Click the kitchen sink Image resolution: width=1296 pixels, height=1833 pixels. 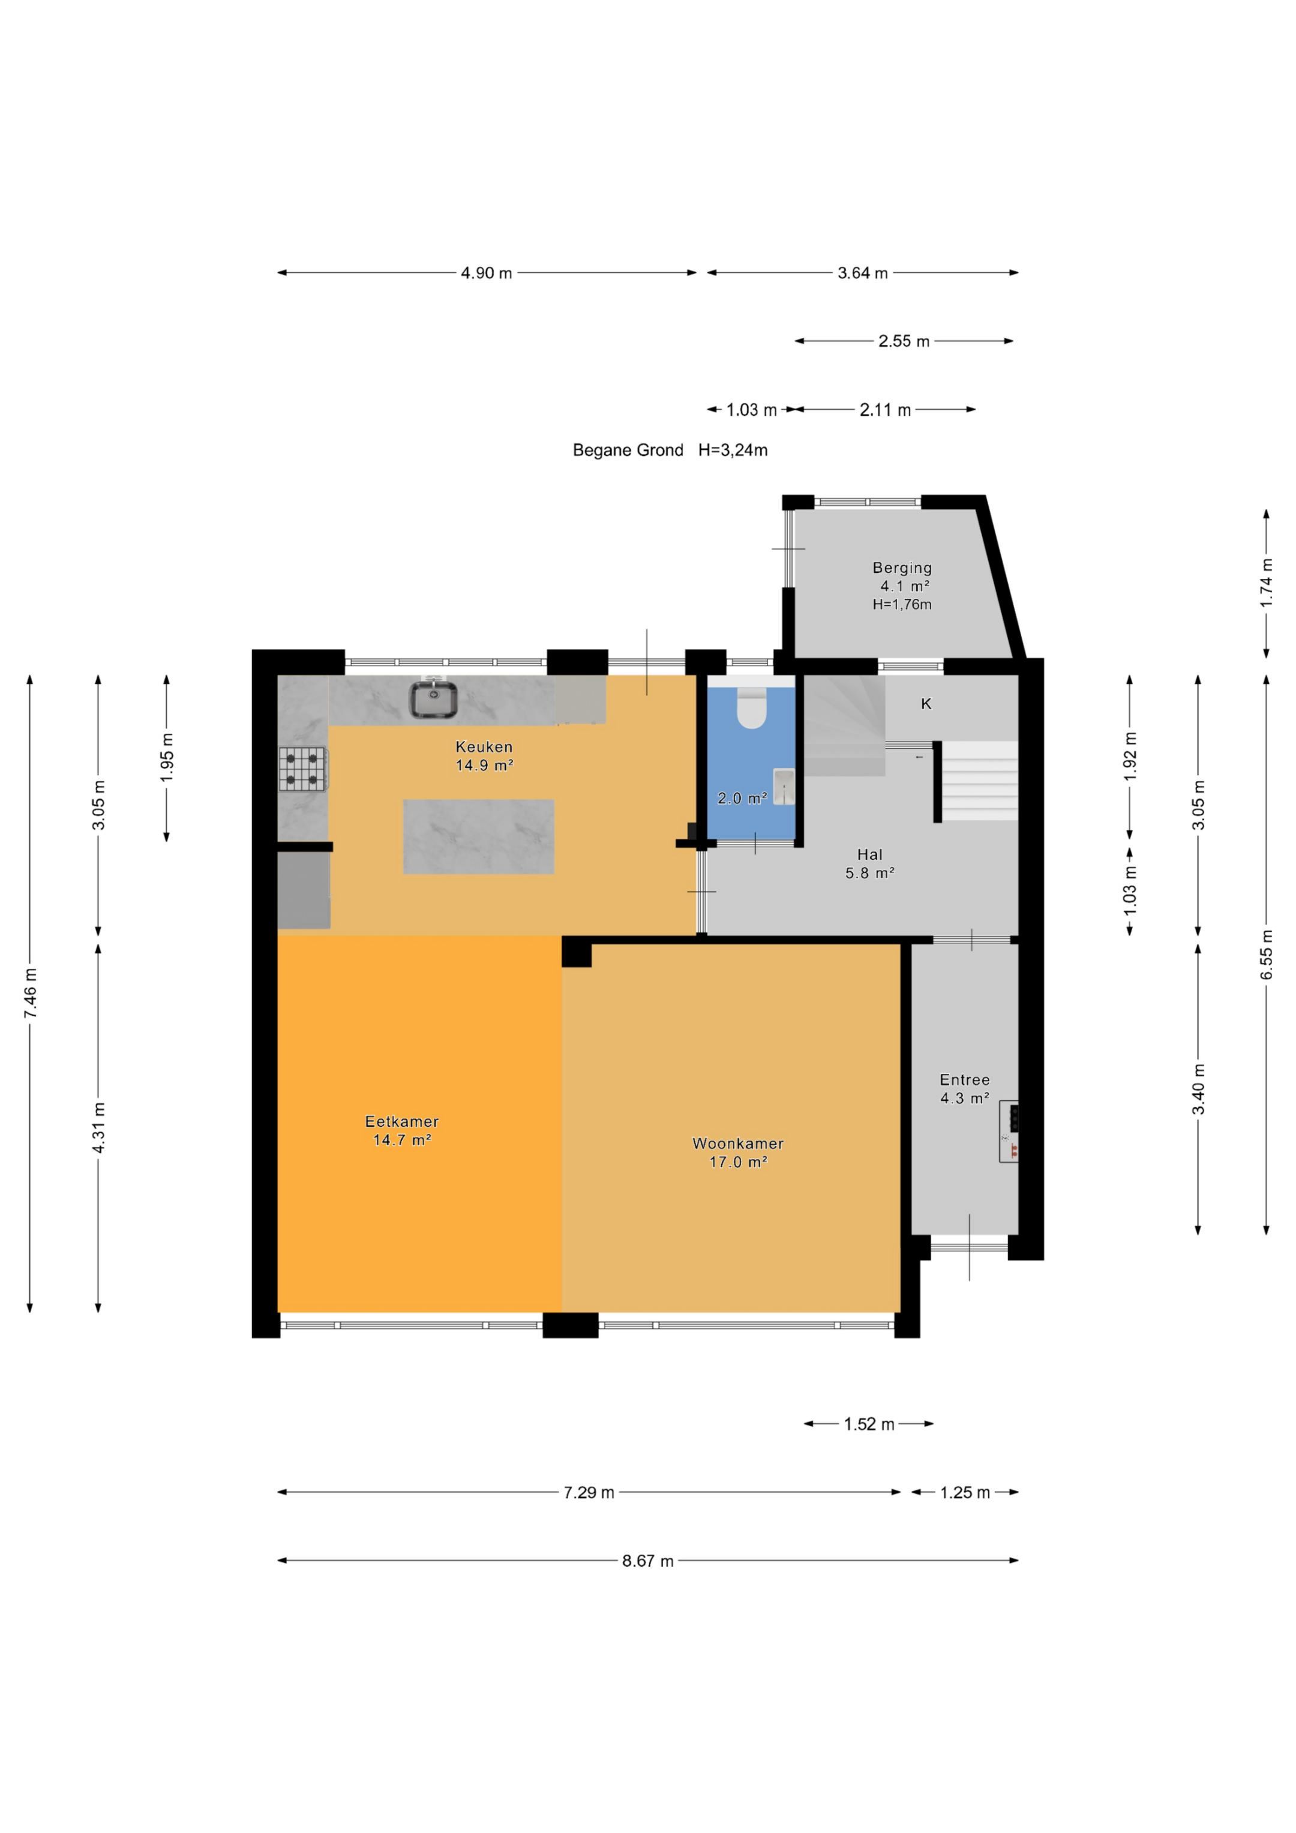tap(434, 700)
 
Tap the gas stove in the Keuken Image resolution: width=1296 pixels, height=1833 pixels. tap(302, 769)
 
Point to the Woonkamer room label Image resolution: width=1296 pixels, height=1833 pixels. tap(738, 1143)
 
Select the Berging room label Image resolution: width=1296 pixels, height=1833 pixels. tap(902, 568)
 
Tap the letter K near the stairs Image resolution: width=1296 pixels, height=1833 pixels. tap(926, 703)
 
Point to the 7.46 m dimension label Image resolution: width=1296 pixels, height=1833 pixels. tap(31, 993)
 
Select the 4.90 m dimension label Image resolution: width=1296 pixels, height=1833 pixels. tap(486, 273)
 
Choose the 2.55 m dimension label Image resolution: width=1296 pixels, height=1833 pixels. tap(904, 341)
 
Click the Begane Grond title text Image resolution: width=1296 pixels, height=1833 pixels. tap(628, 450)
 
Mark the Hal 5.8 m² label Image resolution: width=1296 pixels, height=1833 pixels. tap(869, 863)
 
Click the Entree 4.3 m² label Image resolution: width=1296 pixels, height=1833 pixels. tap(965, 1089)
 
